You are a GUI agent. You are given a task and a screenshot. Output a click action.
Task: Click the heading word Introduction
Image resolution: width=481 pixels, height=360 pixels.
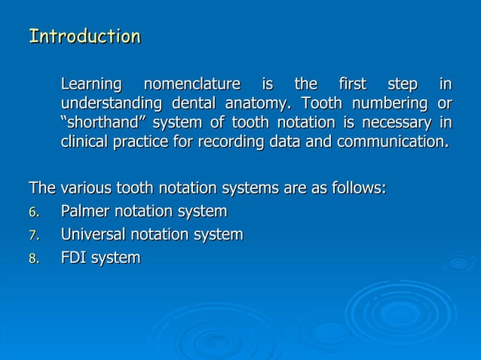pyautogui.click(x=84, y=36)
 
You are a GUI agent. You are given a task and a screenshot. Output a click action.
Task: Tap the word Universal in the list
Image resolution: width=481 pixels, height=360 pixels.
pyautogui.click(x=92, y=234)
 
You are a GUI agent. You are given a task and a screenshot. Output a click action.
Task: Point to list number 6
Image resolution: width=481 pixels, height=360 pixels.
pyautogui.click(x=33, y=212)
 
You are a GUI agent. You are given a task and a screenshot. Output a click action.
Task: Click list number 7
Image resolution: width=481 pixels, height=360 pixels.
pyautogui.click(x=33, y=235)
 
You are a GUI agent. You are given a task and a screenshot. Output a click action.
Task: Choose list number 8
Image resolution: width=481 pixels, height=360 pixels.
pyautogui.click(x=33, y=258)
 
